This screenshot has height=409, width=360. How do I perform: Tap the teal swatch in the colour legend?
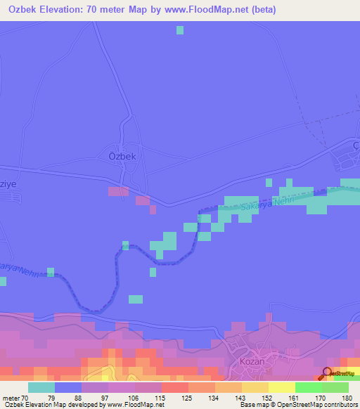pos(41,387)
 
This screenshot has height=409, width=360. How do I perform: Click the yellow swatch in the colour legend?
pos(281,387)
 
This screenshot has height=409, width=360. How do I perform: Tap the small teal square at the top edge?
pos(180,30)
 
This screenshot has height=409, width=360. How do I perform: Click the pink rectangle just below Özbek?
pos(117,191)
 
